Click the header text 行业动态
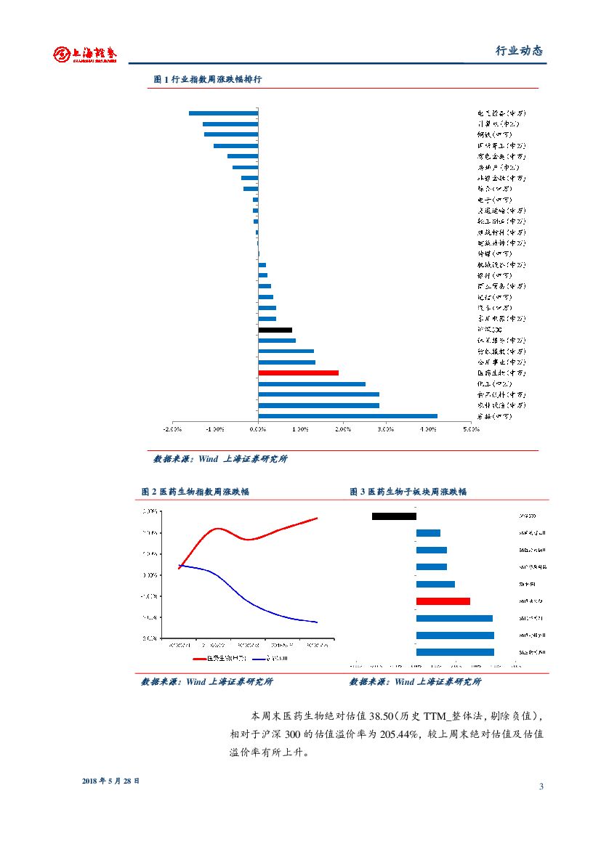[519, 51]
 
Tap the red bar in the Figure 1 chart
[298, 373]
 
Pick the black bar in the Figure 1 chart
[275, 330]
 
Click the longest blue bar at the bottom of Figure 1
[347, 416]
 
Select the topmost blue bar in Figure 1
[223, 113]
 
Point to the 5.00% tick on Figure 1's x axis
[471, 429]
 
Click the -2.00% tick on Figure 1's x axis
[172, 429]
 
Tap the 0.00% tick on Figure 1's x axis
[258, 429]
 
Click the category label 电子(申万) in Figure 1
[494, 200]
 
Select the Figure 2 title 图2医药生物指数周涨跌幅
[195, 492]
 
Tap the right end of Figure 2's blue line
[317, 622]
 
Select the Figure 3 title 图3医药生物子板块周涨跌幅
[408, 492]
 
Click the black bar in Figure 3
[394, 516]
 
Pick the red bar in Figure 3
[443, 601]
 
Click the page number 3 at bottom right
[541, 787]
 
